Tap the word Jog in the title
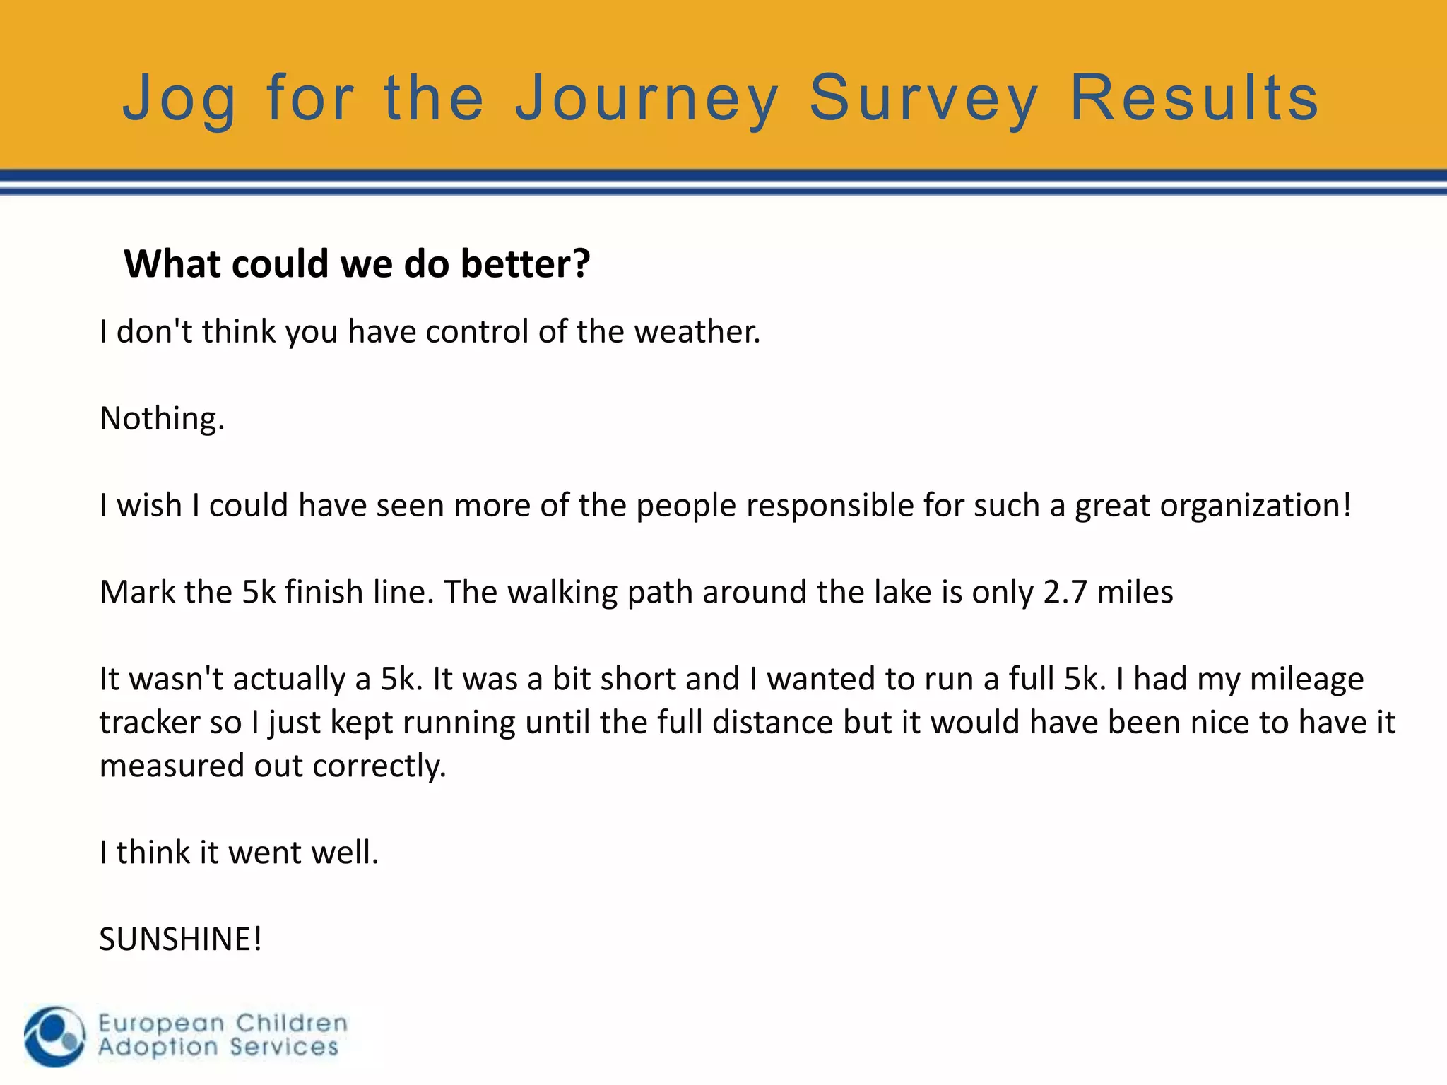(x=179, y=99)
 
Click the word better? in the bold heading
(x=525, y=263)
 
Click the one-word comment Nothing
(x=162, y=419)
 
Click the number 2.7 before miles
(x=1065, y=592)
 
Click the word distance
(x=772, y=723)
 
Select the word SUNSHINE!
(x=180, y=939)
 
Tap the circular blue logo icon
(x=54, y=1036)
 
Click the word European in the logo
(x=161, y=1024)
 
